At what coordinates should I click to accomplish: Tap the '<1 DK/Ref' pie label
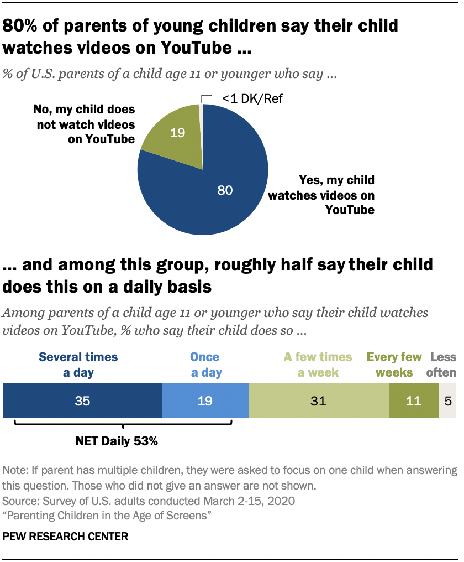(x=248, y=99)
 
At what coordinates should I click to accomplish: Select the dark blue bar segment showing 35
(x=83, y=401)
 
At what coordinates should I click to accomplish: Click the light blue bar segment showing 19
(x=205, y=401)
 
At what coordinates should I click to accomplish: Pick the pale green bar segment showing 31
(x=318, y=401)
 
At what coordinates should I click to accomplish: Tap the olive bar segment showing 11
(x=413, y=401)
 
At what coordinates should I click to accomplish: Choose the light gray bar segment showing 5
(x=447, y=401)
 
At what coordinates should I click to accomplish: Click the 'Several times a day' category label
(x=78, y=365)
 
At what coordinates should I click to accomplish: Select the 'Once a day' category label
(x=205, y=365)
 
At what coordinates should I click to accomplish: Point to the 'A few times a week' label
(x=318, y=365)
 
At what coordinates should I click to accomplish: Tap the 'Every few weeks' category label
(x=394, y=365)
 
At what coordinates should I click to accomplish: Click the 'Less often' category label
(x=443, y=365)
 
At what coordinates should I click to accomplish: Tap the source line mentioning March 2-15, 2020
(x=149, y=502)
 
